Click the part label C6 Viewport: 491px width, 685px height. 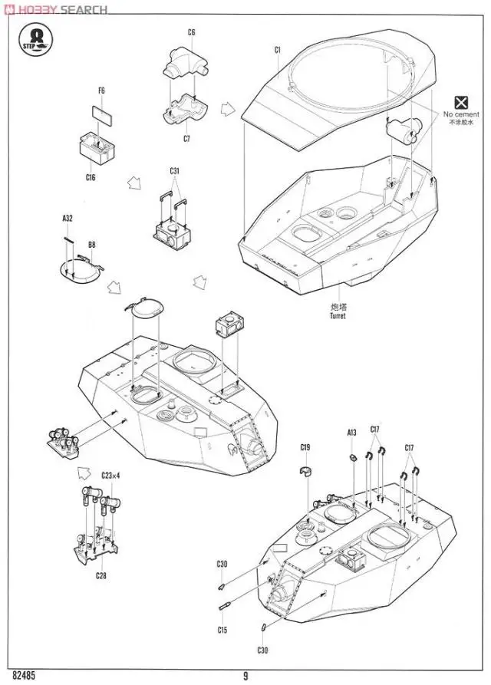(192, 32)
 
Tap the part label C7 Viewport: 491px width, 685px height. (186, 139)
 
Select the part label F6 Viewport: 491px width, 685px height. (101, 91)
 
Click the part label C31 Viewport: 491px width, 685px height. (175, 170)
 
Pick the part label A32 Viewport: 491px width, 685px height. (68, 219)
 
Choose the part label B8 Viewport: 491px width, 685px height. (91, 245)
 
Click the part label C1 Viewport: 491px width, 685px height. (278, 50)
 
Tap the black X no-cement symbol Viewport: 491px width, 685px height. (460, 103)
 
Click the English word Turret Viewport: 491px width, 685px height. (338, 316)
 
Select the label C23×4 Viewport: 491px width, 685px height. (111, 476)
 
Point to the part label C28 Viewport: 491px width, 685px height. (101, 575)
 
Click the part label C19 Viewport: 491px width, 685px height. (305, 447)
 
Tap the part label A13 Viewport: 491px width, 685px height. (352, 433)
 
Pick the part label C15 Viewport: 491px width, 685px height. (222, 631)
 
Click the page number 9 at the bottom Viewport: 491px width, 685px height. (245, 676)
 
